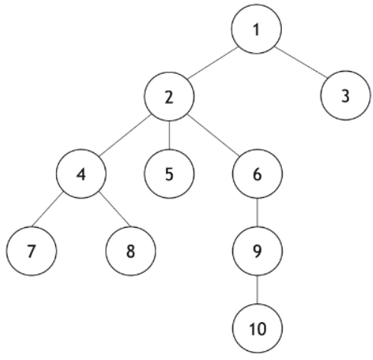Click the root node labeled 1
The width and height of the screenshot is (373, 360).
256,29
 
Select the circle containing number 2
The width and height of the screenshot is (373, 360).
169,96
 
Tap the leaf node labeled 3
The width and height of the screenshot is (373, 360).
345,96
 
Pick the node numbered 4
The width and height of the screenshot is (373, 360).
81,174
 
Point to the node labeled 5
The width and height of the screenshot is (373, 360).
169,174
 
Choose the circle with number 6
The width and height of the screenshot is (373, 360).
257,174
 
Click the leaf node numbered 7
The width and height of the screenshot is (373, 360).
31,251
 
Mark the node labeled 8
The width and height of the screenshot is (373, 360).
131,251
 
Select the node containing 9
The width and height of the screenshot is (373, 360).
257,251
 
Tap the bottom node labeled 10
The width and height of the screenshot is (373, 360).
257,328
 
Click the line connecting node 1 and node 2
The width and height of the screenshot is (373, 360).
212,63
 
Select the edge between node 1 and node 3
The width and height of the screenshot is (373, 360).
300,62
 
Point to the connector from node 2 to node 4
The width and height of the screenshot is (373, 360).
125,135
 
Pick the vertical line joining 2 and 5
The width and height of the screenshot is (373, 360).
169,135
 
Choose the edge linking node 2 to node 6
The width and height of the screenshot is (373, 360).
213,135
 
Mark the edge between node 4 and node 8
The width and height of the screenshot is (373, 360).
114,210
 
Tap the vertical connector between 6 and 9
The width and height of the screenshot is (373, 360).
257,212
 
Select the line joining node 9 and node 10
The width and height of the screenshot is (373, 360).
257,290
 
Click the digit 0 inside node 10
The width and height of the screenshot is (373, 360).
261,329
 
